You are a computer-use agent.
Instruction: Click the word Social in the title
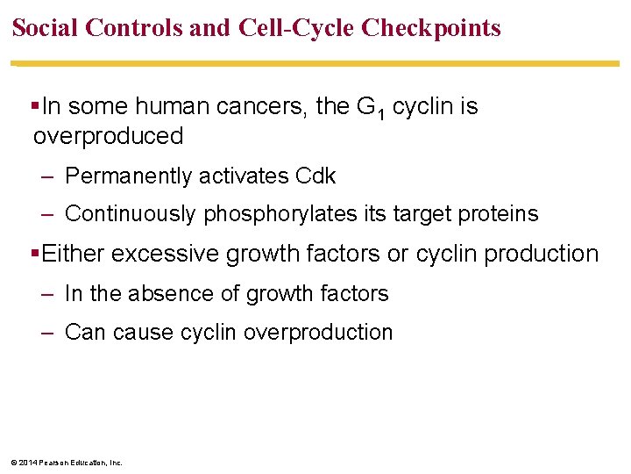pos(47,28)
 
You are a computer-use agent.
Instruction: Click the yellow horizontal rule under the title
pos(315,63)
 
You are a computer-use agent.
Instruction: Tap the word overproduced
pos(108,136)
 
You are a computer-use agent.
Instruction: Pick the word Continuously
pos(131,213)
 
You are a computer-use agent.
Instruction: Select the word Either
pos(73,254)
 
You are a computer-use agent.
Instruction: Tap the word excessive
pos(166,254)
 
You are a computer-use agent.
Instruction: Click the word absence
pos(167,293)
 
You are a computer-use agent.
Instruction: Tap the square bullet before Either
pos(35,254)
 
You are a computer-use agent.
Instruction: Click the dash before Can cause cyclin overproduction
pos(49,332)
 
